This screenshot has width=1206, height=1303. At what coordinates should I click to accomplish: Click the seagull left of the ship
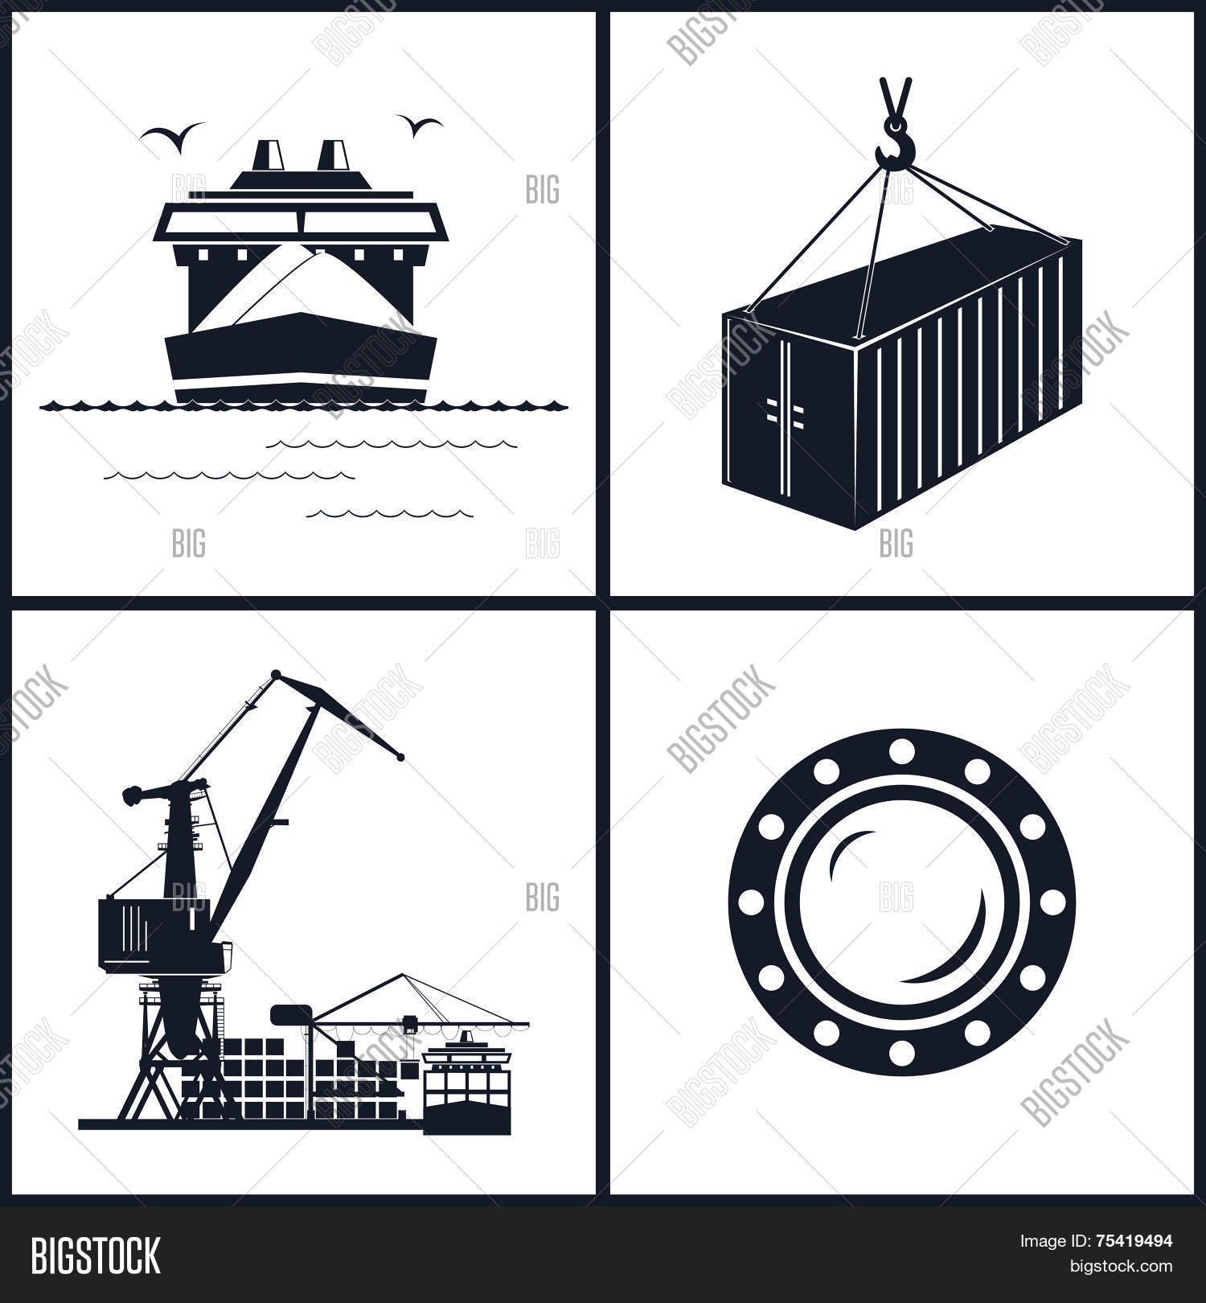170,134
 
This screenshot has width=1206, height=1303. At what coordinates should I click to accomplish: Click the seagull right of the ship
418,124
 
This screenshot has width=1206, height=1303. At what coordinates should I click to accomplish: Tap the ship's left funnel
269,155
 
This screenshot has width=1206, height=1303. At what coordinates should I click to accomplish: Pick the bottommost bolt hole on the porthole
900,1050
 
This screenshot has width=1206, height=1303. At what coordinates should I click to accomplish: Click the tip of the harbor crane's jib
400,757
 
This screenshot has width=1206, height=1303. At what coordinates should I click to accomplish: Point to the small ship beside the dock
466,1086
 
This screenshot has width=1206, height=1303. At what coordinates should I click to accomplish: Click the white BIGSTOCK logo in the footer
96,1256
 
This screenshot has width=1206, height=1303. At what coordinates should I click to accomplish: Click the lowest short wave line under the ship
390,513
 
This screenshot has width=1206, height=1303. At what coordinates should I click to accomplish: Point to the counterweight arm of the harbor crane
161,792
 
